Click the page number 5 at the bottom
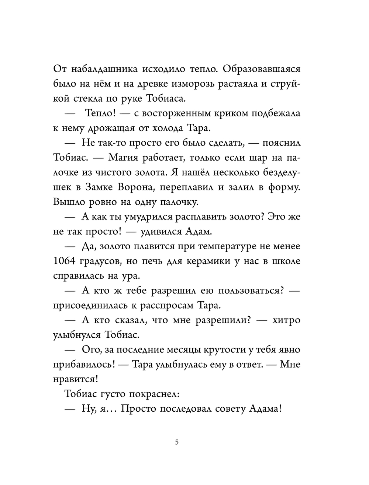click(177, 442)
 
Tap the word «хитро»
click(286, 320)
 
